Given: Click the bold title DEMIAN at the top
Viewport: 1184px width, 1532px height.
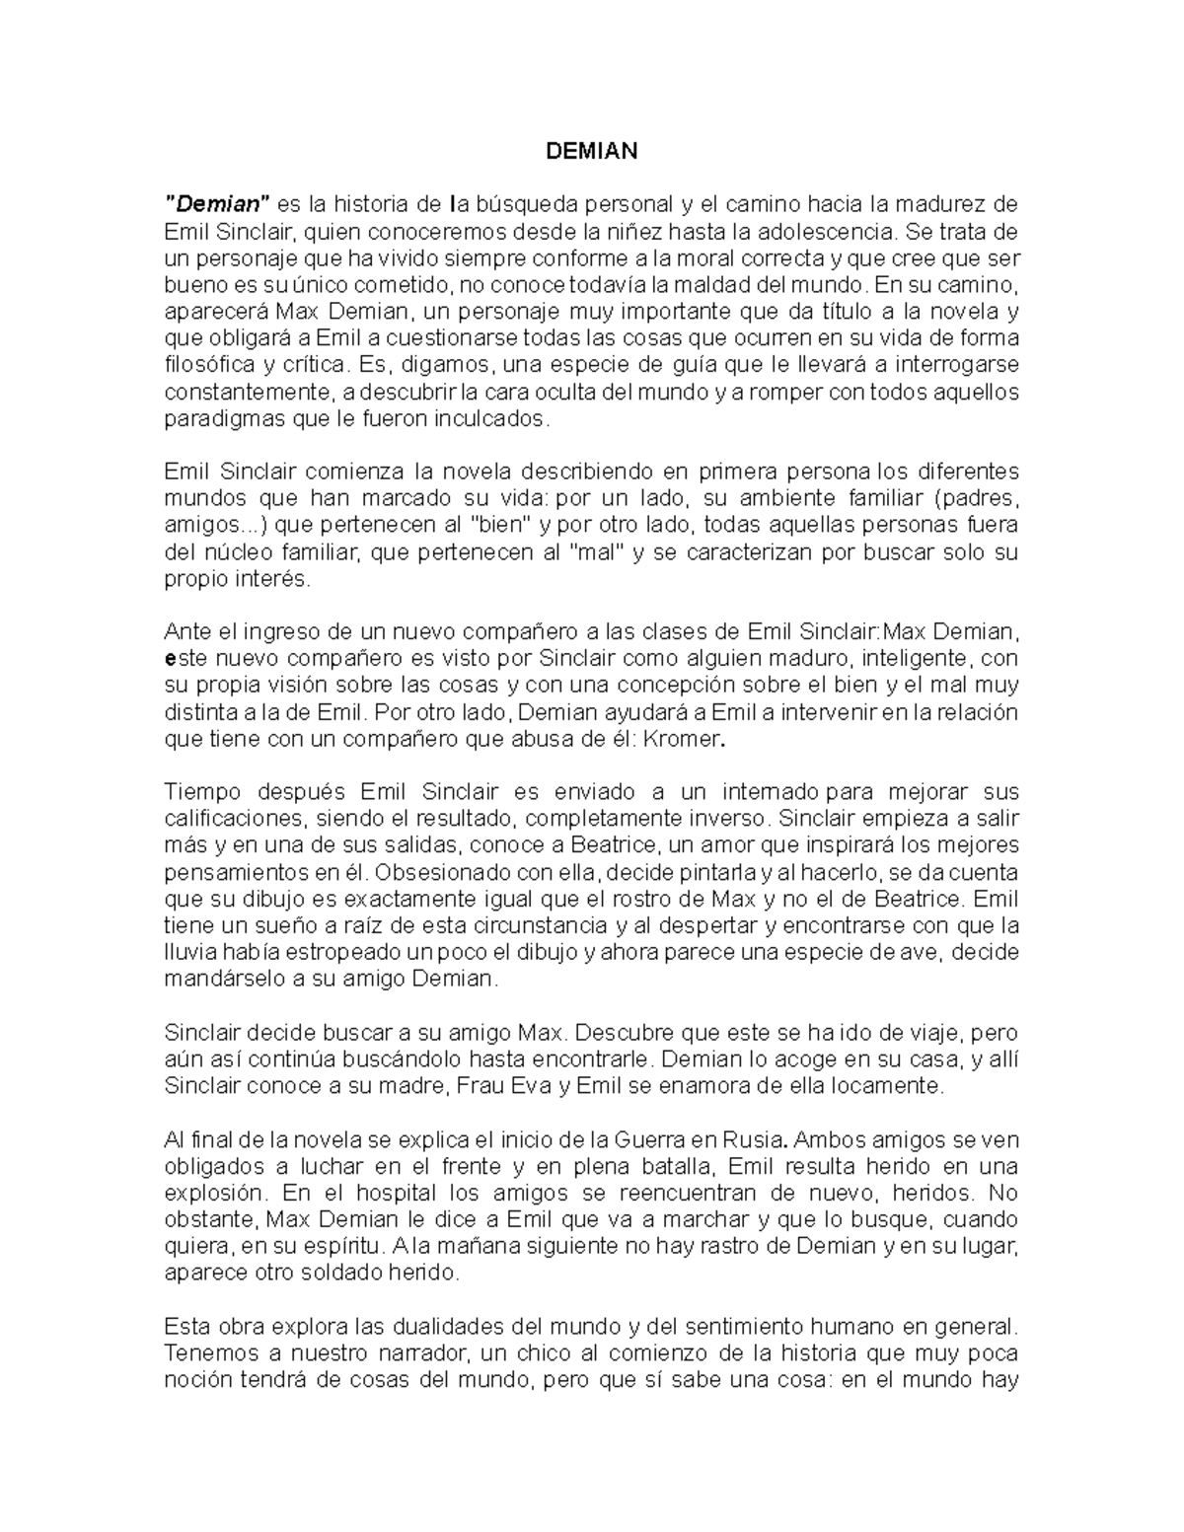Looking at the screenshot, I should (x=592, y=151).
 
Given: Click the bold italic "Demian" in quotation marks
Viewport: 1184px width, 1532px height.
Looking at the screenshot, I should (x=217, y=205).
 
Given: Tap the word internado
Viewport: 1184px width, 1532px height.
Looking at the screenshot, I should (x=773, y=792).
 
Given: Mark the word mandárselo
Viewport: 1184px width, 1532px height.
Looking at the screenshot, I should (x=217, y=980).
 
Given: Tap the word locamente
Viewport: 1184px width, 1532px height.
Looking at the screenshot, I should (x=894, y=1086).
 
